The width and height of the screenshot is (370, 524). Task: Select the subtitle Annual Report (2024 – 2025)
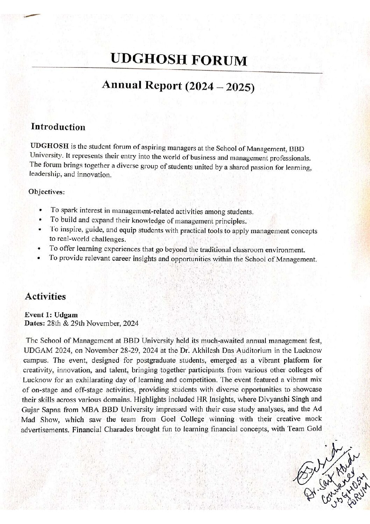pos(178,86)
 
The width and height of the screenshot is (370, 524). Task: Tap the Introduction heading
pos(58,127)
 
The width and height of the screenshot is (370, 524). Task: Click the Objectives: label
pos(46,192)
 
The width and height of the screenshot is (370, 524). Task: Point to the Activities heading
pos(45,296)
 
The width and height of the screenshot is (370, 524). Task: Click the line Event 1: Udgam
pos(51,315)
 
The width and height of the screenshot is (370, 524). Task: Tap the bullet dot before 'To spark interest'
pos(41,211)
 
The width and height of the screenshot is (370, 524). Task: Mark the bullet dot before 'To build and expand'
pos(41,220)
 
